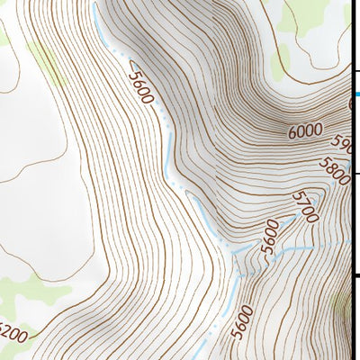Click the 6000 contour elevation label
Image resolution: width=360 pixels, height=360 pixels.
point(305,131)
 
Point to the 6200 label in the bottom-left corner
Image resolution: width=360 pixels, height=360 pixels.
point(13,336)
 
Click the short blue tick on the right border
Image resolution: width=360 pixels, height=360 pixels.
point(355,94)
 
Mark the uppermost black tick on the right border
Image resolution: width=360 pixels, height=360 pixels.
point(355,71)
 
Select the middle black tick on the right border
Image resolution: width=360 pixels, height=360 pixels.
point(355,174)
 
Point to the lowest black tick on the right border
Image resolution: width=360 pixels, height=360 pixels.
point(355,276)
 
